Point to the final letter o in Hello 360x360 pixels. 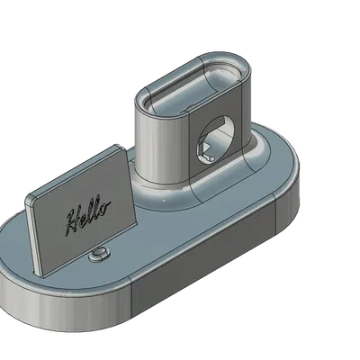pos(107,210)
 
